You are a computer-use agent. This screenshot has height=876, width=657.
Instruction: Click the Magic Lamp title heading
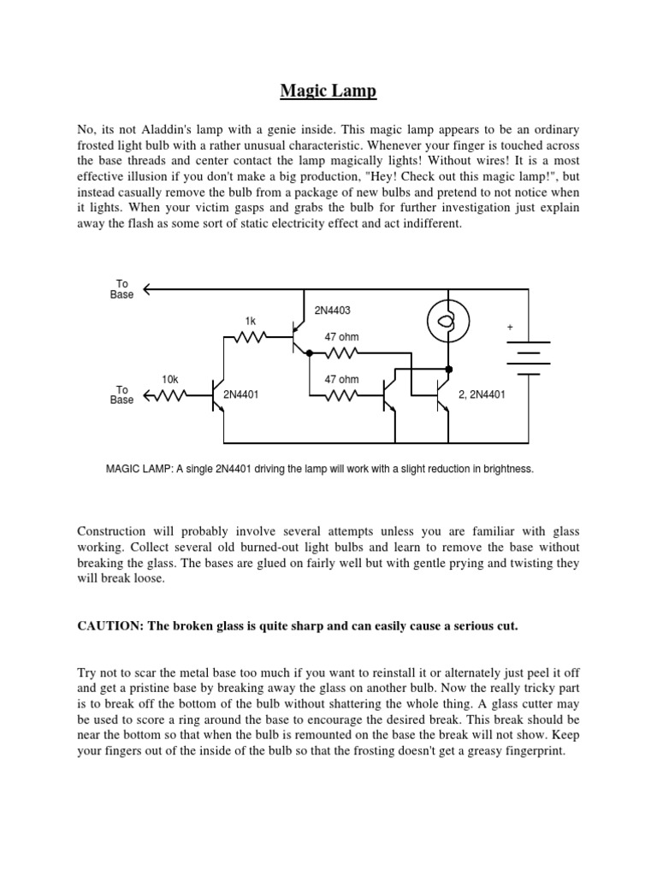(328, 91)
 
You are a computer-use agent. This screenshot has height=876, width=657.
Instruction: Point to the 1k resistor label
(251, 322)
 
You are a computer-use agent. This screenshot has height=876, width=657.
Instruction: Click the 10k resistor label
(170, 377)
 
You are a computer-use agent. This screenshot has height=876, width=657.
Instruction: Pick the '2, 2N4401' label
(483, 395)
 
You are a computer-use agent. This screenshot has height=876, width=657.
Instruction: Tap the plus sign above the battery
(512, 328)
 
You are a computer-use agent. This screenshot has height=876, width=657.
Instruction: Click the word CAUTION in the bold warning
(109, 626)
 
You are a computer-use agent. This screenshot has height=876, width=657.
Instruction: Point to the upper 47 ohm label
(341, 337)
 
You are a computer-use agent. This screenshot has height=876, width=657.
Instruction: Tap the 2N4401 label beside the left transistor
(240, 395)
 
